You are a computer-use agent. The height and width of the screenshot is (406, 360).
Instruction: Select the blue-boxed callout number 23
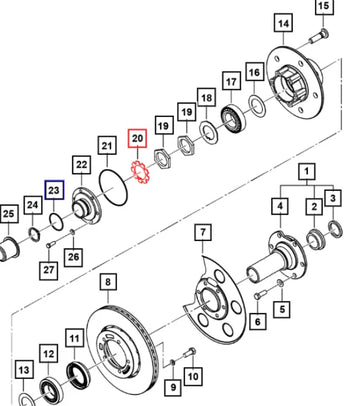[54, 188]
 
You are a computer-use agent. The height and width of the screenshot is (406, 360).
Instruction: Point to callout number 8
[106, 281]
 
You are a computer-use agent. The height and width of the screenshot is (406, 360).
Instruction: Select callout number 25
[9, 213]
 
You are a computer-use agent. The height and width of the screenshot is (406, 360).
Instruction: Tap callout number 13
[21, 373]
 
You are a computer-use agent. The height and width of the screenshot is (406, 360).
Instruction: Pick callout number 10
[194, 376]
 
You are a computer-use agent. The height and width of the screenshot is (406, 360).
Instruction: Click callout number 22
[80, 163]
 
